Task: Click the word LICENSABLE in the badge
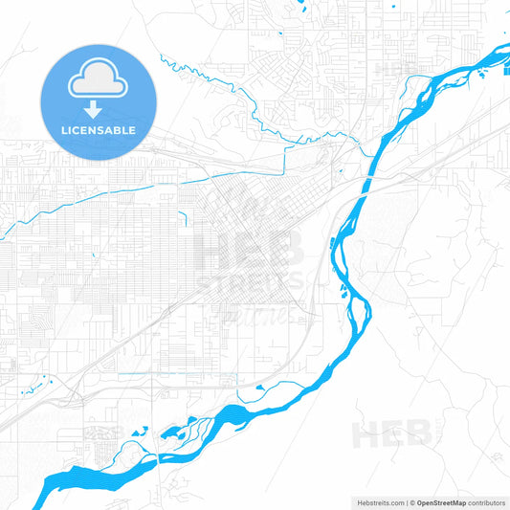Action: pyautogui.click(x=98, y=130)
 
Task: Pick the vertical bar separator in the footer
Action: pyautogui.click(x=406, y=502)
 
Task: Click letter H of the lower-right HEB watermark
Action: pyautogui.click(x=365, y=434)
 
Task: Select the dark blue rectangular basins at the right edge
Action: pyautogui.click(x=505, y=65)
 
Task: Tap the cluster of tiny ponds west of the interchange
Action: pyautogui.click(x=38, y=385)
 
